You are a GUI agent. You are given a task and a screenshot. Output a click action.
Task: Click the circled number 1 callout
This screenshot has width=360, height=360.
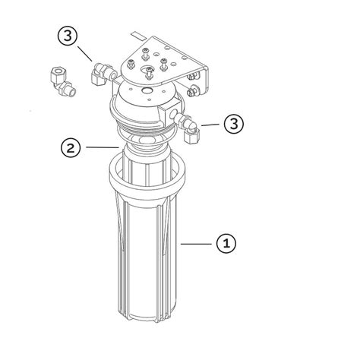[226, 243]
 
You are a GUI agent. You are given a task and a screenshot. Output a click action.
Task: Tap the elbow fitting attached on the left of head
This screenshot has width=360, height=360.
[100, 74]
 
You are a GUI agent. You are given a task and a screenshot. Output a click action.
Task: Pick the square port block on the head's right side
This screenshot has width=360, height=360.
[177, 115]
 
